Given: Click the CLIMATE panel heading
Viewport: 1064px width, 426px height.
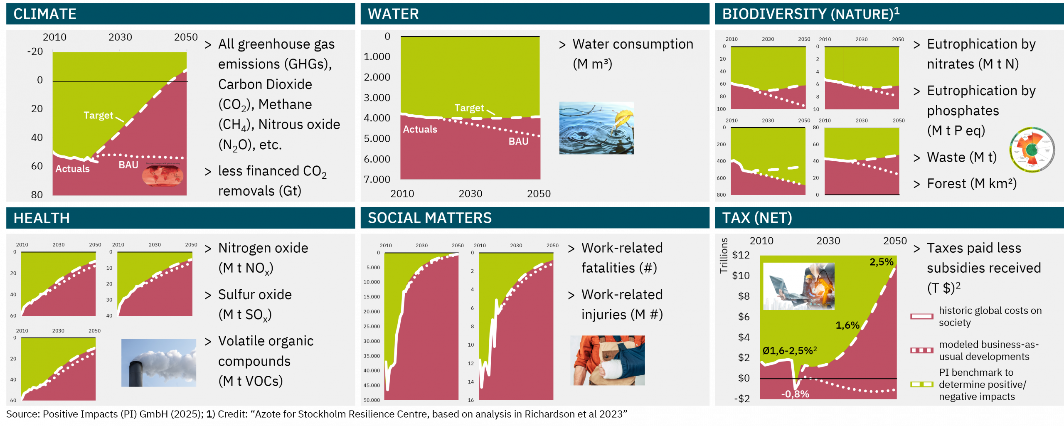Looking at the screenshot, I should (45, 14).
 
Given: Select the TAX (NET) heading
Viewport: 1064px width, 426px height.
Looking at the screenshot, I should (757, 218).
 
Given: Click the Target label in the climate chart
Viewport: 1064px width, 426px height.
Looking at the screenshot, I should (98, 115).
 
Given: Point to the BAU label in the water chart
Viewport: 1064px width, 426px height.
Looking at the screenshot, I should (518, 141).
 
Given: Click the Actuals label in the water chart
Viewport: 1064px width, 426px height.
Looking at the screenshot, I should (420, 129).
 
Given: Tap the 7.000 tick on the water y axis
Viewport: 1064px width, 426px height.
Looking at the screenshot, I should (377, 179).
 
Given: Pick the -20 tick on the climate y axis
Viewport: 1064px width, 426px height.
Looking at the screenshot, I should (35, 52).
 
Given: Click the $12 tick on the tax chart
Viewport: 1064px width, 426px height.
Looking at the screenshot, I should (741, 255).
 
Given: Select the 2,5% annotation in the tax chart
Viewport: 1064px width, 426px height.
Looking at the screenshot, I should (881, 262).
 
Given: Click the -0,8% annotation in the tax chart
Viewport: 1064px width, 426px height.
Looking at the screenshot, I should (795, 394).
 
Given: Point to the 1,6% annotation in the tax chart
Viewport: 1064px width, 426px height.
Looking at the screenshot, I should (847, 325).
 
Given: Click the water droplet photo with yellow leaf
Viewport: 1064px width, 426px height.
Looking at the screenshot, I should (596, 128).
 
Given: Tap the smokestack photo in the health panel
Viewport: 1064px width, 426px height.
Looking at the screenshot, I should (158, 362).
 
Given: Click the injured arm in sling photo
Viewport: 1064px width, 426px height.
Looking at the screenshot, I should (607, 360).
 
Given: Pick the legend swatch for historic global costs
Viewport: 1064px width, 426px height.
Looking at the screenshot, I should (921, 316).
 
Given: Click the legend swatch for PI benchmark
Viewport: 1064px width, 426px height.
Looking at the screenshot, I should (921, 384).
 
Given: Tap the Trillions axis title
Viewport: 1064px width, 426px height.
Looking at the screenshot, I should (724, 255).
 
